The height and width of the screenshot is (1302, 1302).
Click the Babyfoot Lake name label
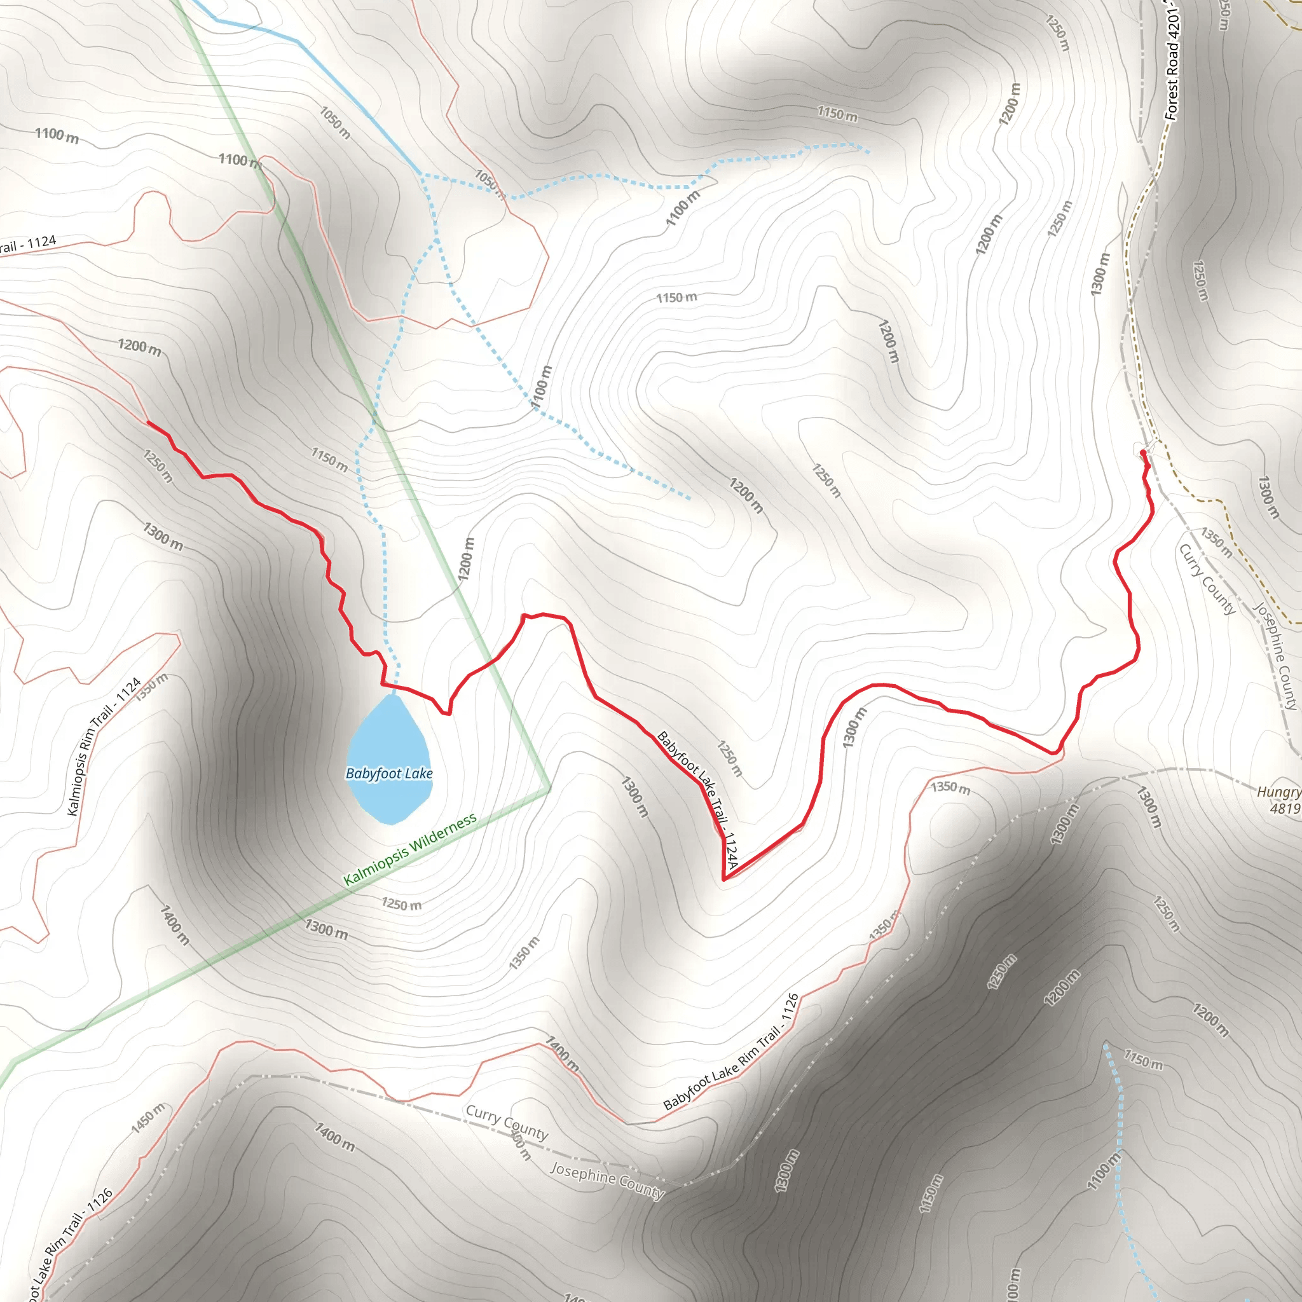389,773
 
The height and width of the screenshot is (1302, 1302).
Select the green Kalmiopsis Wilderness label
410,849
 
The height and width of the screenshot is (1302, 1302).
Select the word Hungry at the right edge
1278,792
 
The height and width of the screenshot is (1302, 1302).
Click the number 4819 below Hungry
1284,809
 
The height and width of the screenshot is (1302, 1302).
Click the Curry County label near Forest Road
1206,579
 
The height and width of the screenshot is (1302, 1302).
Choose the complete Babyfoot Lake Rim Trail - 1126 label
731,1052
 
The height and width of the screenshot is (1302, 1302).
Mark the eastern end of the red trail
1142,453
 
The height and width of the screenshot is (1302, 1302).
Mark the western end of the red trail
148,423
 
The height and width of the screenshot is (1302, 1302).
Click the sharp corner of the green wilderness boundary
550,788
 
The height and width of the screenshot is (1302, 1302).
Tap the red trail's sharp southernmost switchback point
723,879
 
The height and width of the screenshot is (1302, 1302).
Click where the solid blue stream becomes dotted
420,174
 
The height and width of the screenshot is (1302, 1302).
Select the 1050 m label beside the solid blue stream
335,122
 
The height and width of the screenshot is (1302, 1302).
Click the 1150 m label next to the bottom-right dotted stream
1143,1059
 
